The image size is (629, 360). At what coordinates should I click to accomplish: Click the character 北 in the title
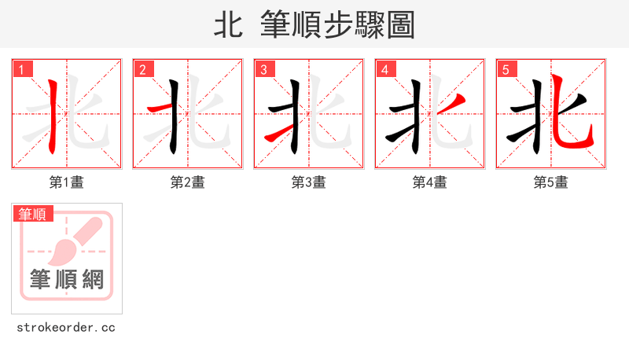[227, 25]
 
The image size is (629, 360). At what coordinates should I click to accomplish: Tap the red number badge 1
[24, 69]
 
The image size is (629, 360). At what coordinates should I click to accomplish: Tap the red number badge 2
[144, 69]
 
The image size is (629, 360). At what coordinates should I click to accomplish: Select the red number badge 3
[265, 69]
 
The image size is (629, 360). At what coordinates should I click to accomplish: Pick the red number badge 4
[386, 69]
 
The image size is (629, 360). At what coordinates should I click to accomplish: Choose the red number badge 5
[507, 69]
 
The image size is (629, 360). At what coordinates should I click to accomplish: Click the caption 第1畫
[67, 182]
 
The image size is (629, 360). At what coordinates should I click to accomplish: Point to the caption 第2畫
[188, 182]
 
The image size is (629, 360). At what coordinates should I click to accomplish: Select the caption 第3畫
[309, 182]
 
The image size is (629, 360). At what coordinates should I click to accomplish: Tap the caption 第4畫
[430, 182]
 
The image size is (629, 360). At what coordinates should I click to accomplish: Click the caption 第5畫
[551, 182]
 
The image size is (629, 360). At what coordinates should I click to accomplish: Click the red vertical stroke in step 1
[52, 114]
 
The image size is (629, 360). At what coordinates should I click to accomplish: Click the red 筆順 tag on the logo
[33, 214]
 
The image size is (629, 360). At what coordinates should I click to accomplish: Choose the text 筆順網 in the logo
[67, 279]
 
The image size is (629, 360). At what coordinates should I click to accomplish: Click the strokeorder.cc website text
[66, 327]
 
